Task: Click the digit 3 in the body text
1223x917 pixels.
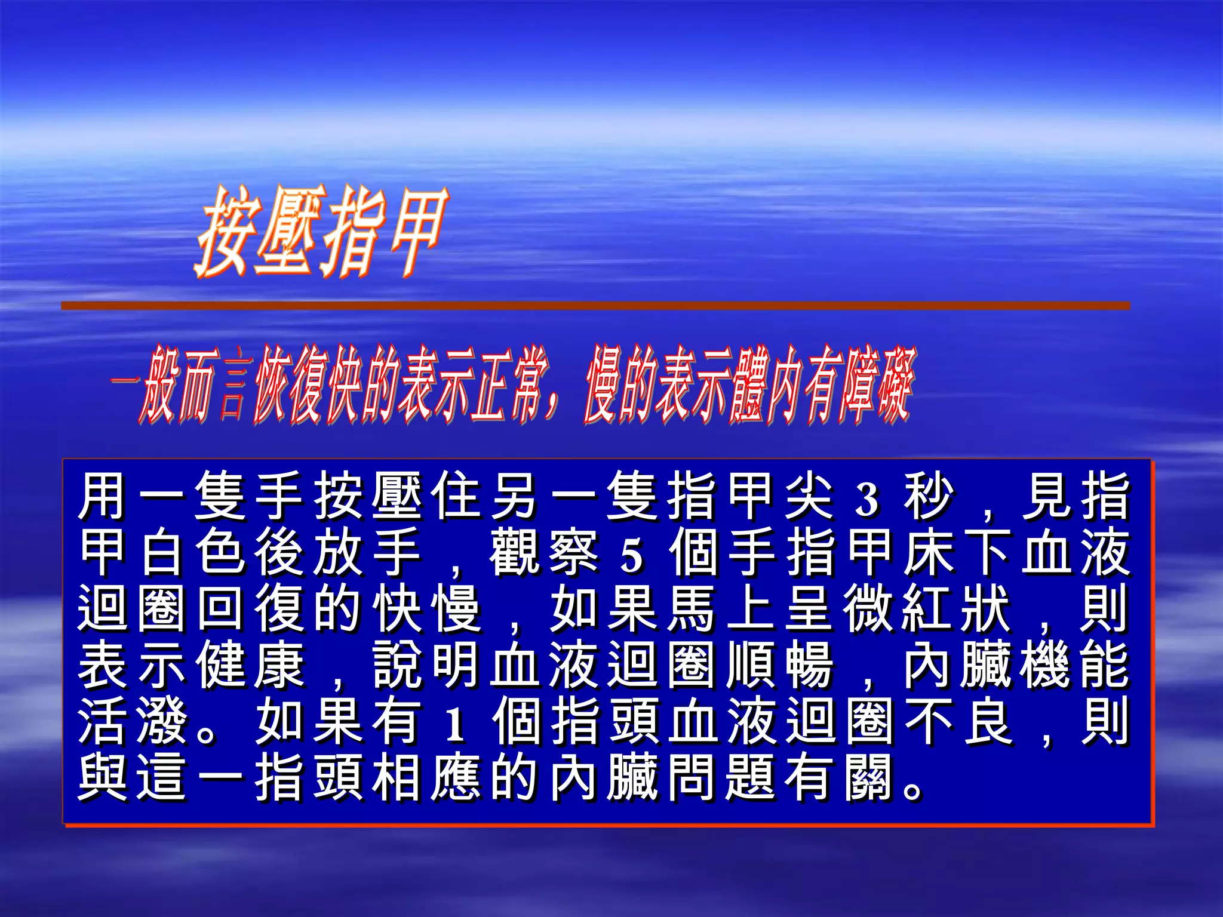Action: click(867, 498)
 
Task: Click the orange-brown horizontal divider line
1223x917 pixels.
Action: click(595, 306)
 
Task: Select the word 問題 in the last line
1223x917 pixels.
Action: click(720, 777)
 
